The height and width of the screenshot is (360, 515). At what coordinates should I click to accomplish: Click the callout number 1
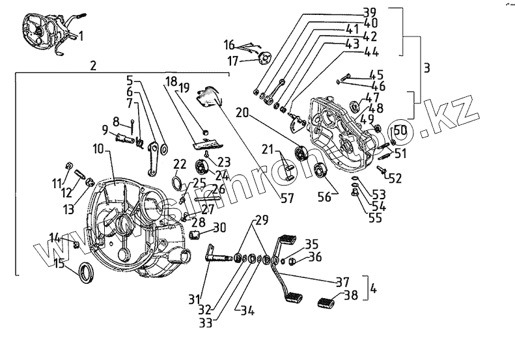coord(81,36)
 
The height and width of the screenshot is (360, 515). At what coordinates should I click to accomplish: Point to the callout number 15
coord(59,264)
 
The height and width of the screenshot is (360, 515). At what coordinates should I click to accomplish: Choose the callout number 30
coord(220,228)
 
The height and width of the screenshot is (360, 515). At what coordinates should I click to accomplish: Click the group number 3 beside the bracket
coord(426,67)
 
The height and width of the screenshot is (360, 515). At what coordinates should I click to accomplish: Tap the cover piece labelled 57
coord(208,96)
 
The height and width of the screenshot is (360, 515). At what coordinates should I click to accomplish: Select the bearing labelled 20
coord(301,154)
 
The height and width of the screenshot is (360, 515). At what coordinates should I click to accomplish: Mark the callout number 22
coord(180,163)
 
